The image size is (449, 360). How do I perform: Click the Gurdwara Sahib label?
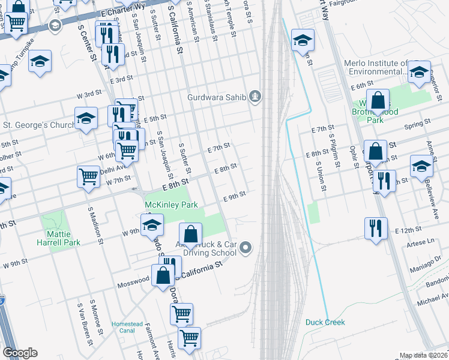click(x=217, y=97)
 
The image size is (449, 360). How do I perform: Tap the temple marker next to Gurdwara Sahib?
click(x=256, y=96)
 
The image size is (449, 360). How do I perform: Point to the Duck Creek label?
click(x=325, y=322)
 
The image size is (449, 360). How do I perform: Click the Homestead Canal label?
click(x=127, y=328)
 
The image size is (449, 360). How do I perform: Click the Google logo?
click(x=20, y=353)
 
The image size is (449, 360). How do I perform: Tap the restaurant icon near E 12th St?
click(x=376, y=228)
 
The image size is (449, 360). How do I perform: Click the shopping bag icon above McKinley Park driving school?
click(x=190, y=234)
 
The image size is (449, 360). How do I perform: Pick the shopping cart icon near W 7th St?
click(x=88, y=176)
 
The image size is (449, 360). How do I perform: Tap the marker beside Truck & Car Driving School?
click(x=245, y=247)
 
